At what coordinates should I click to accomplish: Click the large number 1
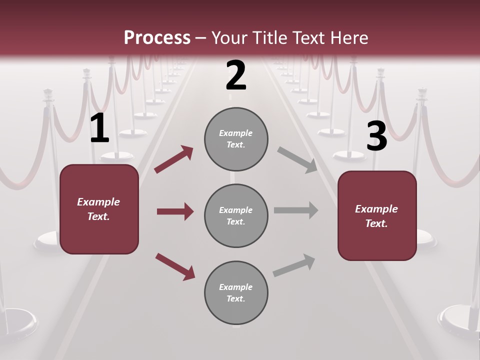(99, 129)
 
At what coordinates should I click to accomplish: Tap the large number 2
(236, 76)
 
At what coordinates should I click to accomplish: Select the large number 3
(376, 136)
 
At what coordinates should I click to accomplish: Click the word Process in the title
(157, 37)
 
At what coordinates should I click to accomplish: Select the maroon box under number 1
(99, 209)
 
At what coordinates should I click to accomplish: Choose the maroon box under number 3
(377, 215)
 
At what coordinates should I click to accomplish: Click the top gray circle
(236, 139)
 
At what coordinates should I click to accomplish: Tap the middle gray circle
(236, 215)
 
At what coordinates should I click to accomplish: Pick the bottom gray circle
(236, 292)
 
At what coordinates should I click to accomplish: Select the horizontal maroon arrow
(175, 211)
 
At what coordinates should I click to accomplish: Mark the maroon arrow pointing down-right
(175, 266)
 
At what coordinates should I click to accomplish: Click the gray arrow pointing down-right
(297, 160)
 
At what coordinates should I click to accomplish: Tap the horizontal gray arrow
(296, 210)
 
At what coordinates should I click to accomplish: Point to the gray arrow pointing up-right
(294, 265)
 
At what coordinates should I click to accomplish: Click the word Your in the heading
(230, 37)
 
